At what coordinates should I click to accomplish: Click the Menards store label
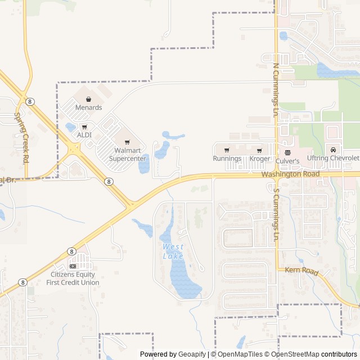click(x=88, y=107)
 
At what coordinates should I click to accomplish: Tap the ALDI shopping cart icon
click(x=84, y=127)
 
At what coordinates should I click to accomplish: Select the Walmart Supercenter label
click(x=127, y=154)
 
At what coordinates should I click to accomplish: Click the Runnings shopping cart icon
click(x=227, y=150)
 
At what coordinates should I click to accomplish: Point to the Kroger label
click(x=259, y=159)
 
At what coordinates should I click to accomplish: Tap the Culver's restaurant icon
click(x=287, y=152)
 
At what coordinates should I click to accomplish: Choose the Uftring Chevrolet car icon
click(x=333, y=150)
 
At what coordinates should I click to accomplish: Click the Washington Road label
click(x=290, y=174)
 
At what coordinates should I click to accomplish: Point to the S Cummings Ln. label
click(x=276, y=214)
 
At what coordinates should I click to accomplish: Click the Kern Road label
click(x=303, y=272)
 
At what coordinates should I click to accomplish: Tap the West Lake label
click(x=173, y=251)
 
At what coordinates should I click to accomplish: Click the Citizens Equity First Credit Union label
click(x=75, y=278)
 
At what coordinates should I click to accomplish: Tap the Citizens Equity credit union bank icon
click(x=73, y=265)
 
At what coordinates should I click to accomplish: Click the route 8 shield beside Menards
click(x=30, y=101)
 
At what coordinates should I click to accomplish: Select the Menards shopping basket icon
click(x=88, y=99)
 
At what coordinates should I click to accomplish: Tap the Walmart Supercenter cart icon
click(x=127, y=142)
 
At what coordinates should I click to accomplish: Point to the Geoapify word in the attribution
click(x=192, y=354)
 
